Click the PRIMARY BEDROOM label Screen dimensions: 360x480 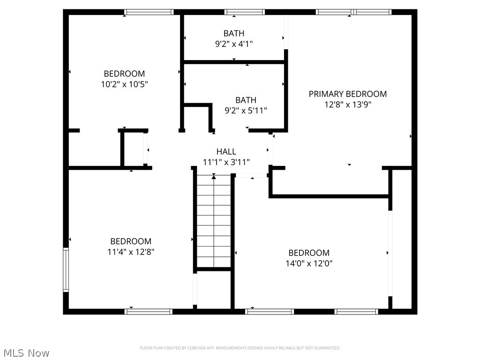[x=347, y=94]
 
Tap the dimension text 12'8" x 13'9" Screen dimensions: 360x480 [x=347, y=105]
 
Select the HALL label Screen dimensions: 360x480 [x=226, y=151]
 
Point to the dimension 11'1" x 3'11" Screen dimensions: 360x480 [x=226, y=162]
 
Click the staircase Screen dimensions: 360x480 [x=214, y=220]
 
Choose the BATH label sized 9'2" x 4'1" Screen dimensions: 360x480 [x=233, y=33]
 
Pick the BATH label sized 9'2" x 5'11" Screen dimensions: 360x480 [x=246, y=100]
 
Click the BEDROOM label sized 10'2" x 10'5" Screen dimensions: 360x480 [x=124, y=74]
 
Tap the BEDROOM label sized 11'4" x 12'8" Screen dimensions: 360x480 [x=131, y=241]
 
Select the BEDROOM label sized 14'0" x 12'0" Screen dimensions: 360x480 [x=308, y=253]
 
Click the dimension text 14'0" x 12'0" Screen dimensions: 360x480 [x=308, y=263]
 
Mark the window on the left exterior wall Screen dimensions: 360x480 [x=66, y=270]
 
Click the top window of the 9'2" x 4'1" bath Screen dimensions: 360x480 [x=244, y=12]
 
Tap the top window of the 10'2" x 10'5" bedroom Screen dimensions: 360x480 [x=149, y=12]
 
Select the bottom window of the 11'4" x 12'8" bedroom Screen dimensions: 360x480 [x=149, y=311]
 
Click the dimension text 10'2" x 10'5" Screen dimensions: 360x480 [x=124, y=84]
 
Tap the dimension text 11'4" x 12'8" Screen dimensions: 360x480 [x=131, y=252]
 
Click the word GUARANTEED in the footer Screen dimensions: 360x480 [x=329, y=348]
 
